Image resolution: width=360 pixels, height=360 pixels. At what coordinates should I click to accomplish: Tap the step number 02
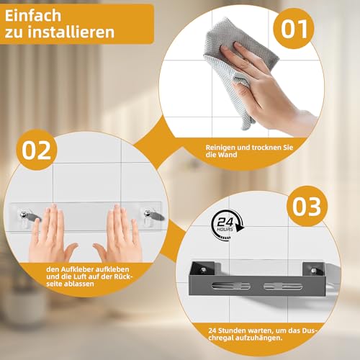click(x=37, y=150)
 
